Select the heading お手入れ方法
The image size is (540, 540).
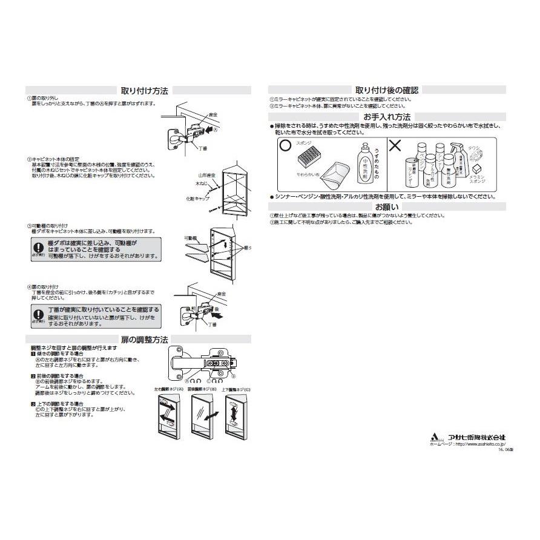[x=387, y=116]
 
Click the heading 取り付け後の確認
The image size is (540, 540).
[x=387, y=90]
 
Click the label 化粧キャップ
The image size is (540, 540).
[x=197, y=198]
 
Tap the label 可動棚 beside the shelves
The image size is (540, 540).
[x=191, y=239]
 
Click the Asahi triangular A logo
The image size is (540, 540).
[x=434, y=436]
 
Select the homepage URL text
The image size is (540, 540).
[x=466, y=444]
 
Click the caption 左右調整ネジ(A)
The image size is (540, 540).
[x=168, y=389]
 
